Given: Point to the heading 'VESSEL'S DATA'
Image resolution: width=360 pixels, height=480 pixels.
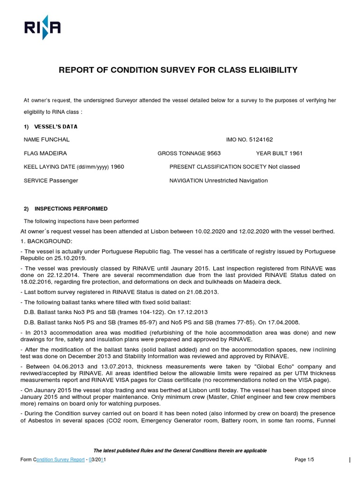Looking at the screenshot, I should pyautogui.click(x=56, y=127).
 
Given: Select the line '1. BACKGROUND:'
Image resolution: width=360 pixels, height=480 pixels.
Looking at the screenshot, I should pyautogui.click(x=46, y=241).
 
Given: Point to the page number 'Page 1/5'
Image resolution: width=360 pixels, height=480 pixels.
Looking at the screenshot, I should pyautogui.click(x=304, y=460).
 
